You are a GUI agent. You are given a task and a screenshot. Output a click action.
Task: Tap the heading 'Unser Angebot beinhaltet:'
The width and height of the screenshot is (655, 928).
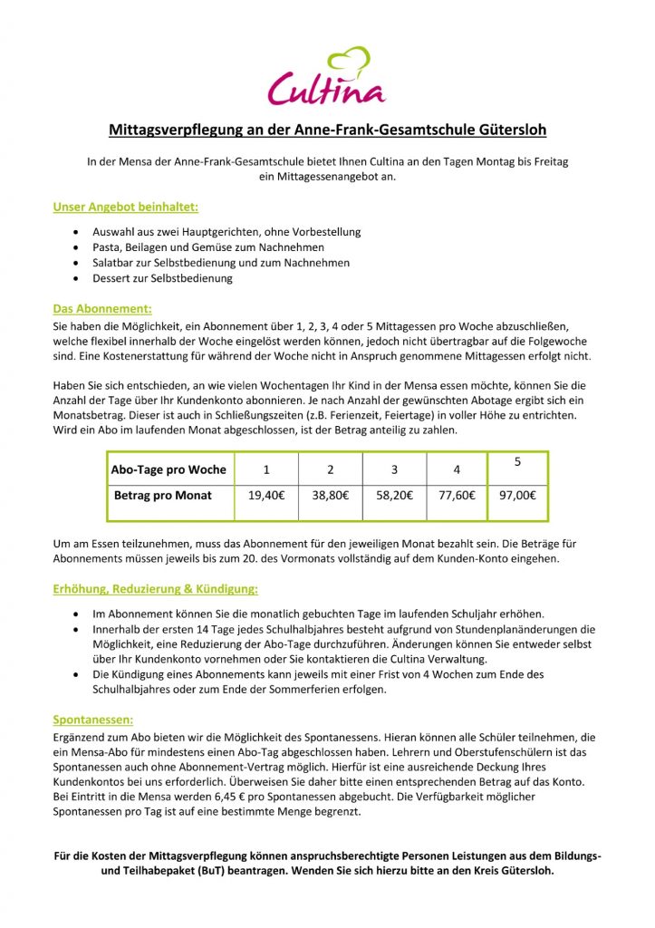(125, 207)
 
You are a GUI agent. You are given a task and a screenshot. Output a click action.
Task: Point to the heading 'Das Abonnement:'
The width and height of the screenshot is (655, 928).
(102, 308)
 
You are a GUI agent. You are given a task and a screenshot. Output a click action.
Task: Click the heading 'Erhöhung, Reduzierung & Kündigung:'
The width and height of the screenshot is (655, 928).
(156, 588)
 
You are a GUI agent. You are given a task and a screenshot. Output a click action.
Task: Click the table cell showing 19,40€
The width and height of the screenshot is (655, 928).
(266, 496)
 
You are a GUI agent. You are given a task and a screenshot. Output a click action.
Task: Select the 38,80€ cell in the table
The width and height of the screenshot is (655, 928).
(331, 496)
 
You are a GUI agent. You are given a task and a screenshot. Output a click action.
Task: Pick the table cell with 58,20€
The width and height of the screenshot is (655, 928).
(394, 496)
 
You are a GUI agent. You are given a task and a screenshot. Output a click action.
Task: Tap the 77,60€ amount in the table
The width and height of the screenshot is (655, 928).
(457, 496)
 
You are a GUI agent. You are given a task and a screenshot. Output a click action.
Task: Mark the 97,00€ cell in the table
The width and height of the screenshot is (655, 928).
(517, 496)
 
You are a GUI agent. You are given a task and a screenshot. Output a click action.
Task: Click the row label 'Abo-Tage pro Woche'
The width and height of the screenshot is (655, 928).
(169, 469)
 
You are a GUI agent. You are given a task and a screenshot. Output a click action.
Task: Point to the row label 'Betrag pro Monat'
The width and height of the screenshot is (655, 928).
(163, 496)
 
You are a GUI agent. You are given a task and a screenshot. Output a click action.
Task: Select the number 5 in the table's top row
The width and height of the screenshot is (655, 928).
(517, 462)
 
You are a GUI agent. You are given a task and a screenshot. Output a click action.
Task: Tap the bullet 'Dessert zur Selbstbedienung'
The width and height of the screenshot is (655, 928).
(162, 278)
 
